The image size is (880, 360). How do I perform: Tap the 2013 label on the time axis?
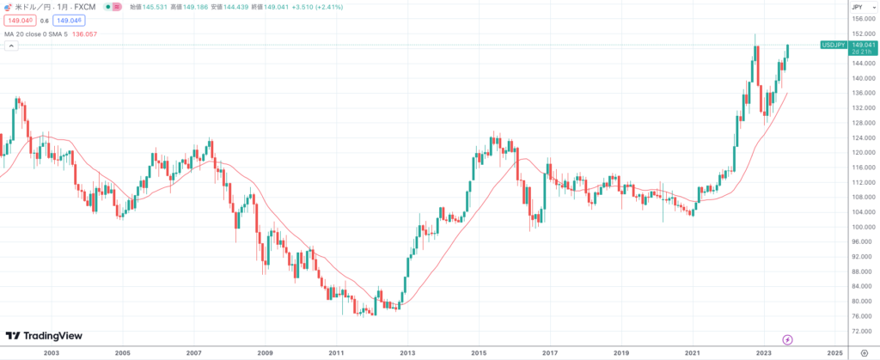coord(407,352)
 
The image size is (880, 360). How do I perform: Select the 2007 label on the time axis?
coord(193,352)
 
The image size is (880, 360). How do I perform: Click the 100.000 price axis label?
coord(863,227)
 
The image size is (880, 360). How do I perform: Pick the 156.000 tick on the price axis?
coord(863,19)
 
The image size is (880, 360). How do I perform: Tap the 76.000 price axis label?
coord(863,316)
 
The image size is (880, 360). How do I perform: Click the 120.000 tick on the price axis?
coord(863,152)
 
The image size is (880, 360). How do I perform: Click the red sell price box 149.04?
coord(18,20)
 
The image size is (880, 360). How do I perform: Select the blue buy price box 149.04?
coord(69,20)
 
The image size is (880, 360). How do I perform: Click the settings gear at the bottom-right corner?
coord(863,352)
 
